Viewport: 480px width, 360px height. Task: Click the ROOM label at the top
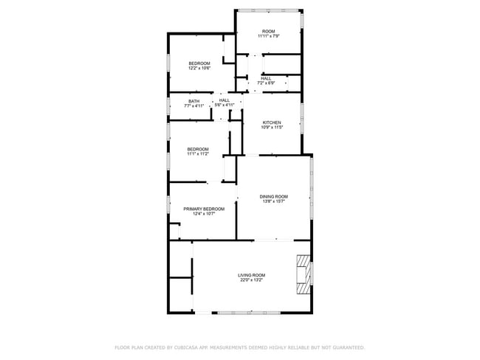268,31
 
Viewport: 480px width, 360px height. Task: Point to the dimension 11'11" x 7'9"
268,36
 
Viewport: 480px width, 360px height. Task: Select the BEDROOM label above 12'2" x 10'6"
199,63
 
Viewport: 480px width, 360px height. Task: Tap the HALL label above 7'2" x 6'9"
266,78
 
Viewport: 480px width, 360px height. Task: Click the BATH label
193,101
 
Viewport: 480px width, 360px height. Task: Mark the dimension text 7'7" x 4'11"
193,106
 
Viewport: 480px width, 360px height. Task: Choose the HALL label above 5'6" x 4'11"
224,100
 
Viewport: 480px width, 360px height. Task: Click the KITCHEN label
271,122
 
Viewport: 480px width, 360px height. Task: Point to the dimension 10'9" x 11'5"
271,128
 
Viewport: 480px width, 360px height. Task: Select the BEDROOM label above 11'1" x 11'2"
197,149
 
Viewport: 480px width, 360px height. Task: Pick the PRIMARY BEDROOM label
204,209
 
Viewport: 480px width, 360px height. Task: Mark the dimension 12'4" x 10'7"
204,214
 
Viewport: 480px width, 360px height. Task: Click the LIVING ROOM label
252,274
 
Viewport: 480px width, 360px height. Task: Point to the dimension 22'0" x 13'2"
252,280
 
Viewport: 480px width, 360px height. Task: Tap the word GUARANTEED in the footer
346,347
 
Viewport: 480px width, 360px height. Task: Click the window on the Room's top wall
269,10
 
